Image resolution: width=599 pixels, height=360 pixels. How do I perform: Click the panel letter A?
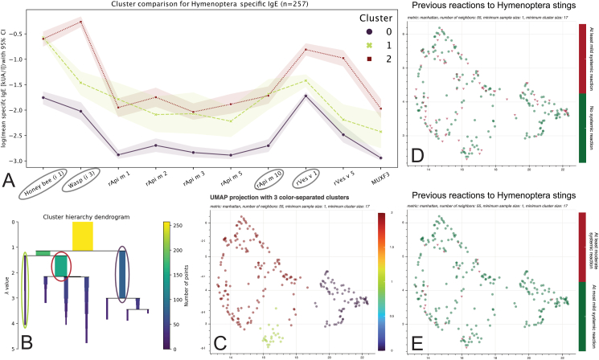tap(10, 180)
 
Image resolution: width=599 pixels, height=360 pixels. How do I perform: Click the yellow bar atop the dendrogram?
tap(83, 236)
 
